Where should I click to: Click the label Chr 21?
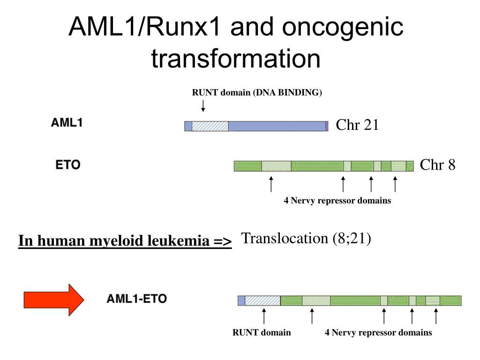point(357,125)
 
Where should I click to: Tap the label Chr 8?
point(437,165)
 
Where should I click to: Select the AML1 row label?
point(67,123)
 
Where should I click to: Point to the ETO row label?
point(68,165)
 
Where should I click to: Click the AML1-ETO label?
point(137,299)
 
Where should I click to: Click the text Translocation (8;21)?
point(306,239)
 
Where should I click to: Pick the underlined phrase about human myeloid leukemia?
point(125,241)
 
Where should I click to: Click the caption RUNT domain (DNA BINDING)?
point(257,92)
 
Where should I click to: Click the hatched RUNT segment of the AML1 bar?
point(210,126)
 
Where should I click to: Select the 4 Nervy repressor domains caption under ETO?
point(337,201)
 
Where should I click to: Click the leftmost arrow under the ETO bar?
point(271,184)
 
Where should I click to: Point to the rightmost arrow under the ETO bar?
point(395,184)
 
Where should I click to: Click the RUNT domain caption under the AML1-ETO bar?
point(262,333)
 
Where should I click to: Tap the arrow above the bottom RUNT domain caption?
point(264,316)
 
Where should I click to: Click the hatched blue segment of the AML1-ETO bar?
point(262,301)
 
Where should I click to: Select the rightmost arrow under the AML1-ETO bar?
point(436,316)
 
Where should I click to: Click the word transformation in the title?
point(236,59)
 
